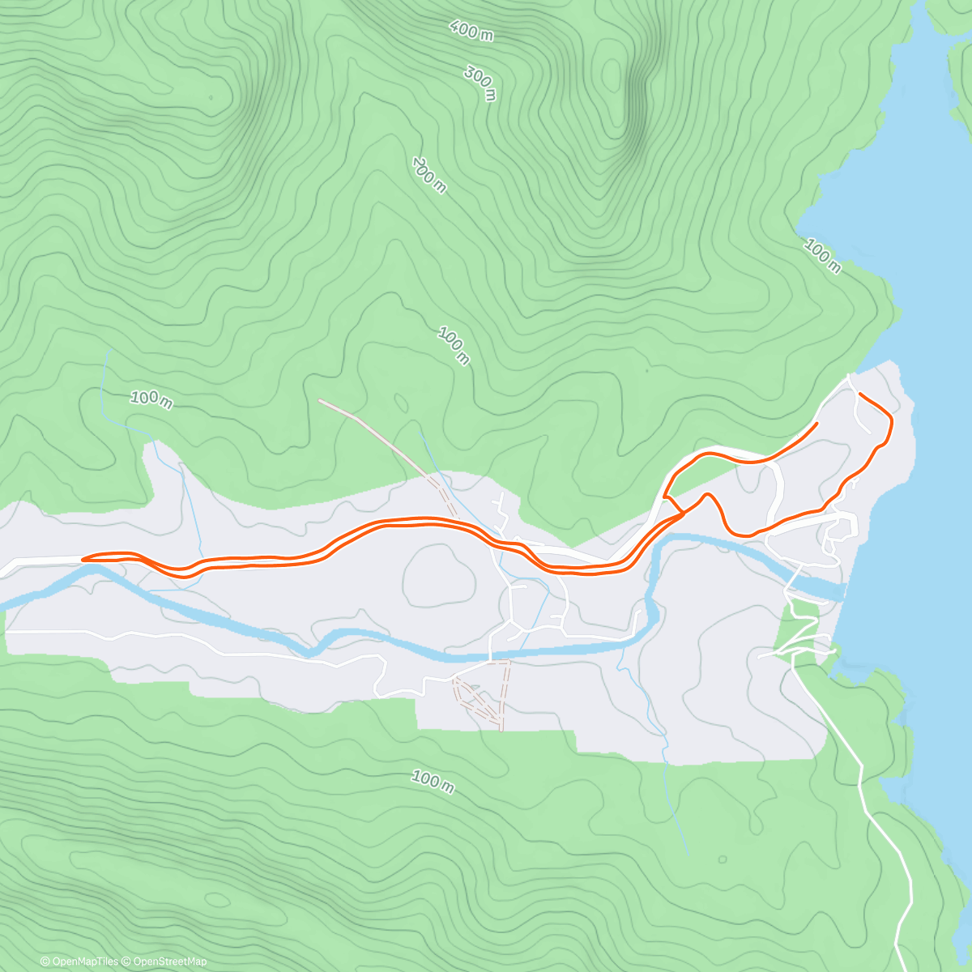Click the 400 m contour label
click(471, 31)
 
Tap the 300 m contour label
click(480, 83)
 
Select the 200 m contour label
click(429, 176)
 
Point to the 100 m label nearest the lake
click(822, 256)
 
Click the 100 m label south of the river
click(432, 781)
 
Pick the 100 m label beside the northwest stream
click(151, 399)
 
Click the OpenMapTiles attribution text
click(79, 961)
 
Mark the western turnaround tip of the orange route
click(83, 558)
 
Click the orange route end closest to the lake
click(859, 394)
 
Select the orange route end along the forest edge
click(816, 423)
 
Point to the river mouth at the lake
click(842, 590)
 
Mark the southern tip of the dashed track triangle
click(501, 727)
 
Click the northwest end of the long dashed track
click(321, 400)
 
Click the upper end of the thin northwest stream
click(106, 352)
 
